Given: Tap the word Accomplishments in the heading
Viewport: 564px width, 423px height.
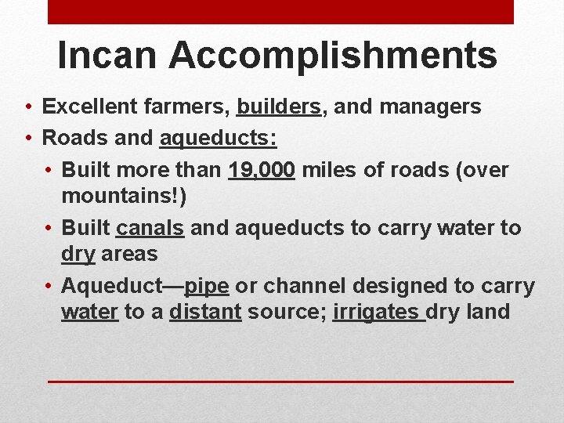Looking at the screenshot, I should pos(332,56).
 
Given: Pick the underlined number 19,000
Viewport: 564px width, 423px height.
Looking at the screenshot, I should pos(262,170).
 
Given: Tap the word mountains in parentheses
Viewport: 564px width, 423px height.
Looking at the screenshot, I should pos(119,195).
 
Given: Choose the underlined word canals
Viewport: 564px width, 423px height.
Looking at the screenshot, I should pos(150,228).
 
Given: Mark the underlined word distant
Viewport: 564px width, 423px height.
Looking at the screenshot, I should pos(205,312).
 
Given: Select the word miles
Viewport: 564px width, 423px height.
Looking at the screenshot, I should pos(327,170).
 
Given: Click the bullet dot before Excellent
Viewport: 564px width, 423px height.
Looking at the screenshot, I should pos(27,107).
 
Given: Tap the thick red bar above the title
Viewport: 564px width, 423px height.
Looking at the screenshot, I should pos(280,12).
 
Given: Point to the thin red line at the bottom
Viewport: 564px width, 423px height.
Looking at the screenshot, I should pos(280,381).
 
